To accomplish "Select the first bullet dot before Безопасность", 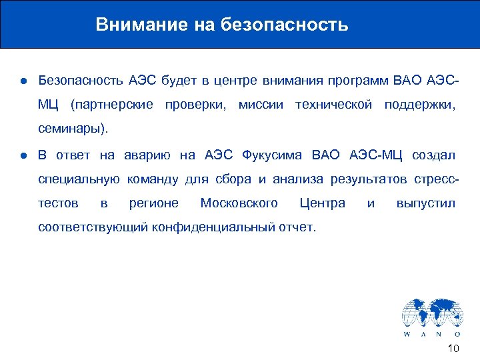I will pos(23,81).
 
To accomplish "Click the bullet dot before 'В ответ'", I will pos(23,155).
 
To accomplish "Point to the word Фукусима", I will pos(269,155).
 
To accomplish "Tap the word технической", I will pos(333,105).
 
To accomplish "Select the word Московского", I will pos(239,203).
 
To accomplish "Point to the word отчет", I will pos(298,227).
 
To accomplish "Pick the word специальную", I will pos(79,179).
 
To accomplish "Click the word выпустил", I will pos(425,203).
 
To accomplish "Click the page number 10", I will pos(453,349).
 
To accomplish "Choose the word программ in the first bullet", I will pos(357,81).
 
